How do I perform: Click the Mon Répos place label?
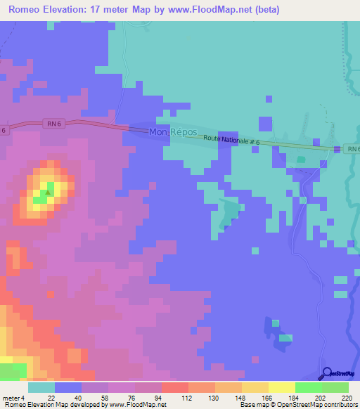pyautogui.click(x=175, y=132)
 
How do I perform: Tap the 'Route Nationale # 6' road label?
pyautogui.click(x=232, y=141)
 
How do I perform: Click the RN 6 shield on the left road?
pyautogui.click(x=54, y=123)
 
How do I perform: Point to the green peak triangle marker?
pyautogui.click(x=48, y=191)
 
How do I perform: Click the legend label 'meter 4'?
pyautogui.click(x=13, y=398)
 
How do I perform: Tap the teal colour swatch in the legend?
pyautogui.click(x=41, y=387)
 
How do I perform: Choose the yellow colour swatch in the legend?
pyautogui.click(x=281, y=387)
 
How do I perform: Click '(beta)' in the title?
pyautogui.click(x=264, y=10)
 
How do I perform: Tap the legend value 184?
pyautogui.click(x=293, y=398)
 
